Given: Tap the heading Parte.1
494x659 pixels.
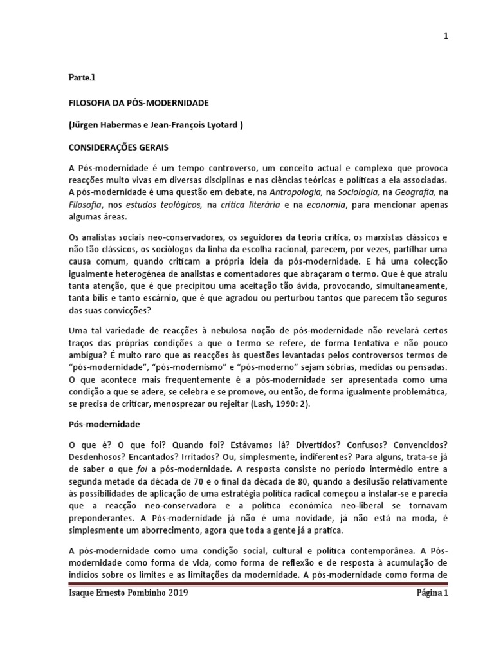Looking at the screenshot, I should [x=82, y=78].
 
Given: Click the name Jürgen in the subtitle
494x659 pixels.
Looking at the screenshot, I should [x=86, y=126].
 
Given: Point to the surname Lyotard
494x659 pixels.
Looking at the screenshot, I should [x=219, y=126].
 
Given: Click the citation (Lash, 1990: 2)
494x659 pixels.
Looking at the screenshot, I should [x=285, y=405].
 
